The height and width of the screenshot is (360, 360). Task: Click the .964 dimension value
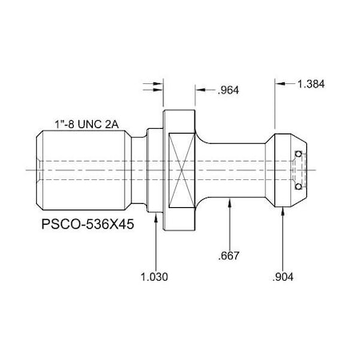pos(230,90)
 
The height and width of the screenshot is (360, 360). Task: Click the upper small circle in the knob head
pos(298,154)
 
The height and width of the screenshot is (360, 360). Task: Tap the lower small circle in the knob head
pos(298,187)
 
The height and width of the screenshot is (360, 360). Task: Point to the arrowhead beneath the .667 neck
pos(230,205)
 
